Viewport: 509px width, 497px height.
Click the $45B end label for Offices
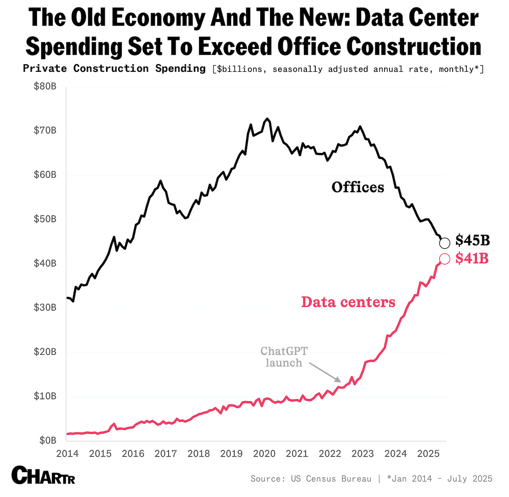(x=472, y=240)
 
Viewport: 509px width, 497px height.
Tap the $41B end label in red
(x=472, y=258)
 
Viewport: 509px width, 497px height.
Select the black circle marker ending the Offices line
(x=445, y=243)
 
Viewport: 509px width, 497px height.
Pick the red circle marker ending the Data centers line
(x=445, y=259)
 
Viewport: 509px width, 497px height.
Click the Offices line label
(x=358, y=187)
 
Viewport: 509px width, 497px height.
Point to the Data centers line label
(x=348, y=302)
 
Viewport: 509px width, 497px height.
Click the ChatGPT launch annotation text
(x=284, y=357)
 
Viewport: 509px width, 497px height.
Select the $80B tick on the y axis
(x=45, y=87)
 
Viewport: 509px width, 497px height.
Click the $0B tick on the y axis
(x=48, y=440)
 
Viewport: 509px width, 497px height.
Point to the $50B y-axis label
(x=45, y=219)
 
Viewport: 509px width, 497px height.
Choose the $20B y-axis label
(x=45, y=352)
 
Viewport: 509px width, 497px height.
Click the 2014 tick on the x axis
(x=67, y=454)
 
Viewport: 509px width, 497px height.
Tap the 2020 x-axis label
(x=264, y=454)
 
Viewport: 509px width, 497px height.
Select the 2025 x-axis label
(x=428, y=454)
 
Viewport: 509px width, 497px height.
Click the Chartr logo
(x=43, y=475)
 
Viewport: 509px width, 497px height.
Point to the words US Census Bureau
(x=331, y=479)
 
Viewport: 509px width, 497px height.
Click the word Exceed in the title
(x=236, y=46)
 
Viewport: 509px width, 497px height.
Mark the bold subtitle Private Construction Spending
(x=114, y=69)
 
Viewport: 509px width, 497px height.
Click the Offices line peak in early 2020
(x=267, y=119)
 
